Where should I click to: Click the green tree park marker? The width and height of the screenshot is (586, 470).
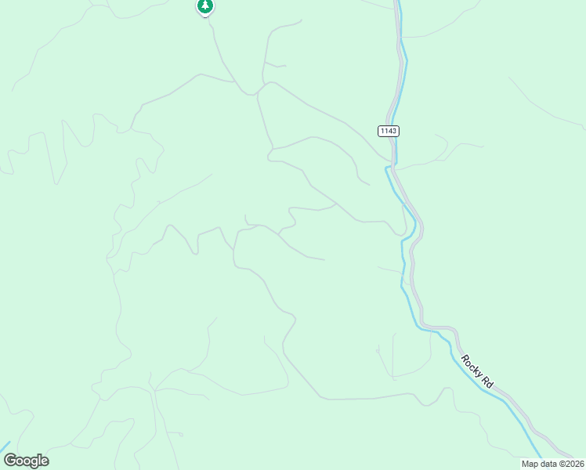[205, 6]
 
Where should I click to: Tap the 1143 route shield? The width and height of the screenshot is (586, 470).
[388, 131]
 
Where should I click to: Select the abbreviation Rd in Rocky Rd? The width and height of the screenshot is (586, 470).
[487, 383]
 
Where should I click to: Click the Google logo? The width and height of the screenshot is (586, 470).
[26, 461]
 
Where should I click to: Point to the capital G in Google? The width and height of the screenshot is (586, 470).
[9, 461]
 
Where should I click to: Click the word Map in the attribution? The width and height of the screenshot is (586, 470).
[530, 464]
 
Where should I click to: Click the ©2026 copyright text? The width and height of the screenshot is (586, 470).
[571, 464]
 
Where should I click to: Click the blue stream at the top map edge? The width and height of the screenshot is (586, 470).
[397, 3]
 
